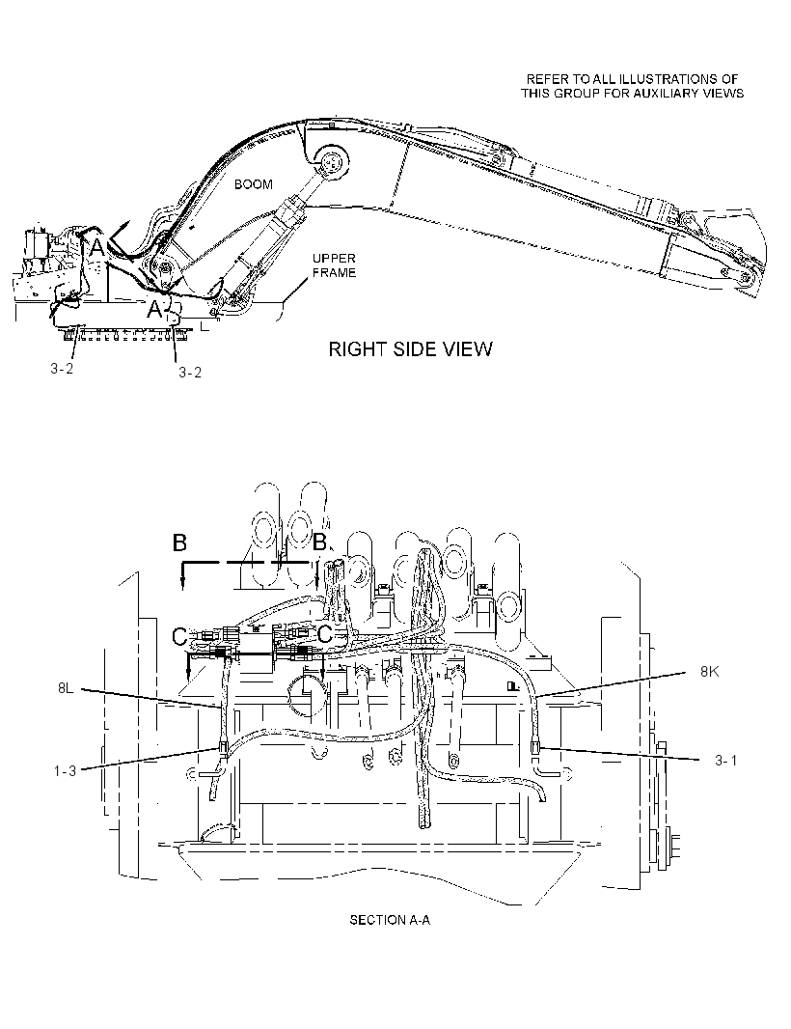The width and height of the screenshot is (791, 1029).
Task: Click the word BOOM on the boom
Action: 253,184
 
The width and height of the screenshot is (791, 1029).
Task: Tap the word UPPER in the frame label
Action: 334,259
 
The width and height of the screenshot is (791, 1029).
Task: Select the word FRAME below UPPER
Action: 334,272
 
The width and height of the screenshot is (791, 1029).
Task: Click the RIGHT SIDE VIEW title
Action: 410,349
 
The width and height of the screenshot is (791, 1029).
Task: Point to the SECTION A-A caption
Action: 390,920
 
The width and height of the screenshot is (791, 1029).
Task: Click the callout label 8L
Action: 66,688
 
